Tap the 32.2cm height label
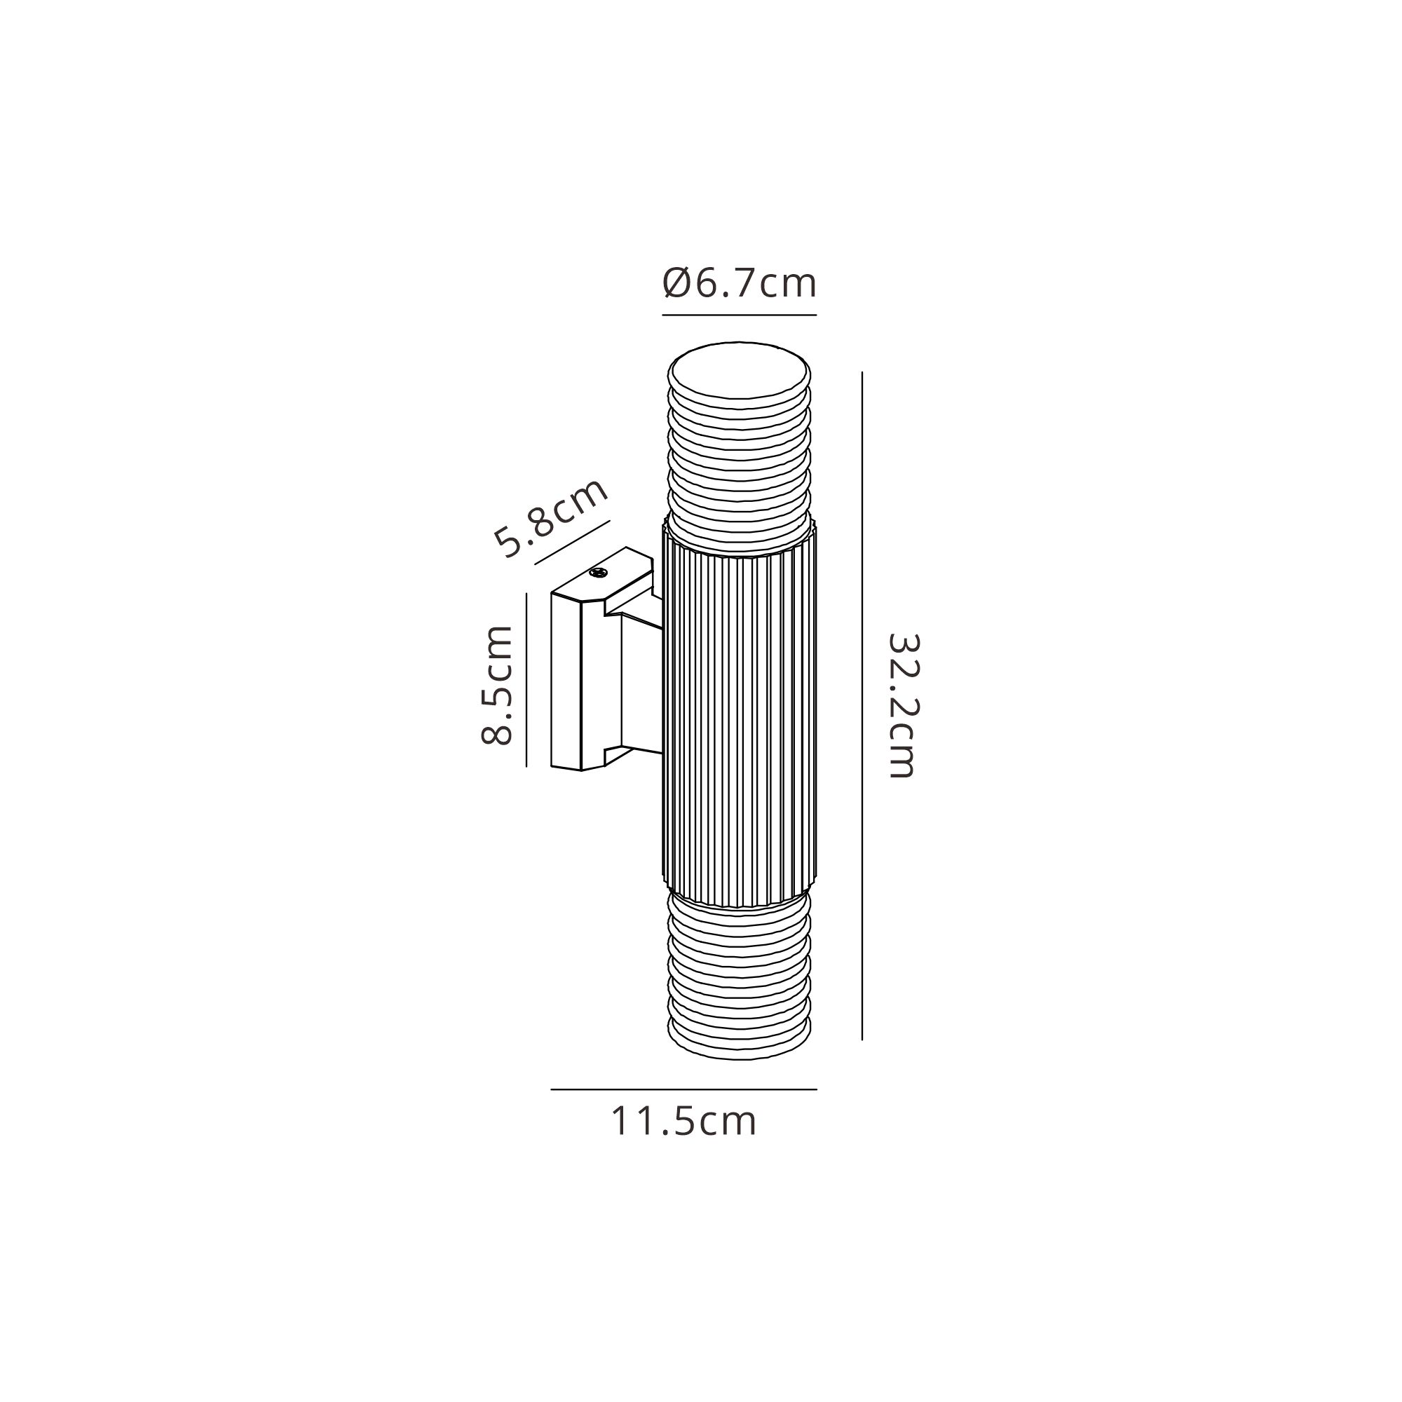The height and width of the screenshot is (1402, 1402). click(902, 705)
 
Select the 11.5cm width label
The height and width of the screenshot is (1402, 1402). click(683, 1121)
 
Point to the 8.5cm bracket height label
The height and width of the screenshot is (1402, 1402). click(497, 684)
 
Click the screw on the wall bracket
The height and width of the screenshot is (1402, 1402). click(598, 573)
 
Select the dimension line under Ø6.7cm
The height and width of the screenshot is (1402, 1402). click(740, 315)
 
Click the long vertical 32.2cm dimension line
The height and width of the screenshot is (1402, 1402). click(862, 706)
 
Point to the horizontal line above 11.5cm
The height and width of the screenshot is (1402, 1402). click(683, 1089)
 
